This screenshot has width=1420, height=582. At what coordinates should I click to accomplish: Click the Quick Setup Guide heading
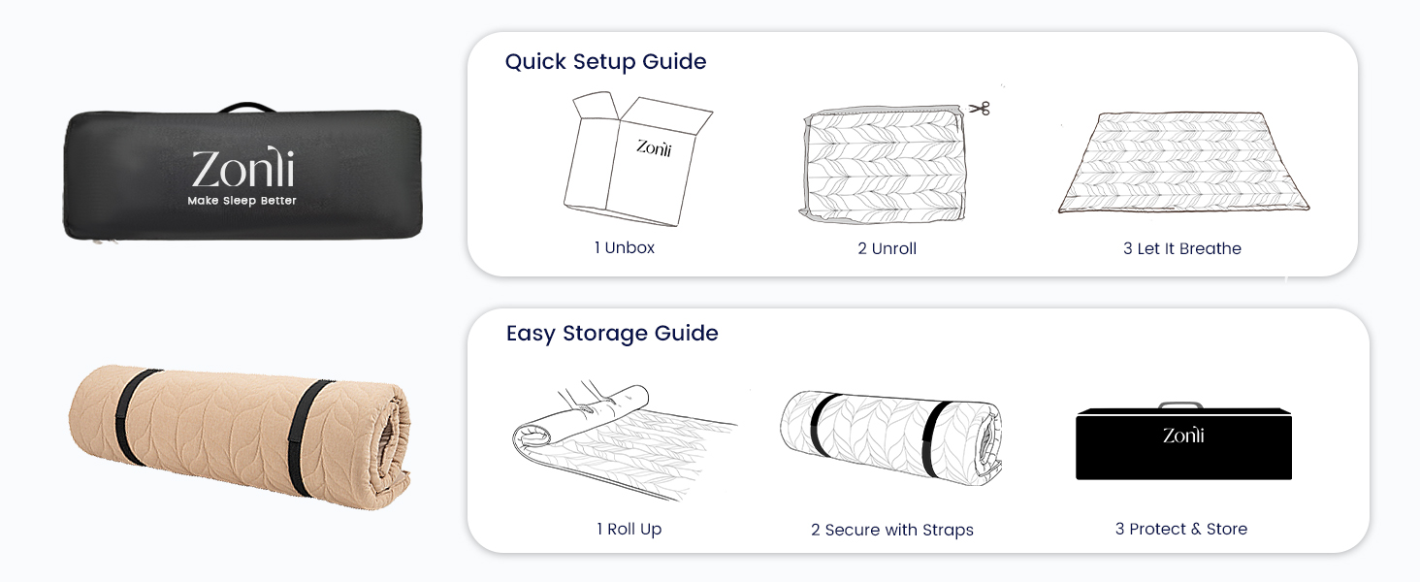pos(605,62)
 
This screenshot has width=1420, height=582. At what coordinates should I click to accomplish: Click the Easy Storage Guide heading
pos(612,334)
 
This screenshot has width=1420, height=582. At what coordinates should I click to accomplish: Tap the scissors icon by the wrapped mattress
pos(979,109)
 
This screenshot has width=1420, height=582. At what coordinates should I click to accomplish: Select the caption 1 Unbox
pos(625,248)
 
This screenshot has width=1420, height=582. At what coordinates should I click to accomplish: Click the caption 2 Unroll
pos(887,249)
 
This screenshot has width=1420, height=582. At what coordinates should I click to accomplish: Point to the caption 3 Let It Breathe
pos(1181,249)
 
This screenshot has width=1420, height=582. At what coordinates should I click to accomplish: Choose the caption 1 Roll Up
pos(629,530)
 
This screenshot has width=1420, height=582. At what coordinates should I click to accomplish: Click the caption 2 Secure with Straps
pos(891,531)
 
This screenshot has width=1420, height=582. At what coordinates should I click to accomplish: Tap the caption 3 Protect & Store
pos(1180,530)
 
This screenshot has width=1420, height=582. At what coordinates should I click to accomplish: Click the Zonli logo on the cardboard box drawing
pos(654,147)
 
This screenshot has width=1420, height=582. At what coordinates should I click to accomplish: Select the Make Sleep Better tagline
pos(242,201)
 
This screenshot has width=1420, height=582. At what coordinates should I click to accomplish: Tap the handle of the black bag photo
pos(243,107)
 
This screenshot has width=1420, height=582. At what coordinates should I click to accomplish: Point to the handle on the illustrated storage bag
pos(1180,405)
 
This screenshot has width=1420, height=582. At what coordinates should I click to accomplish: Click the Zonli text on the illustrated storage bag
pos(1183,436)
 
